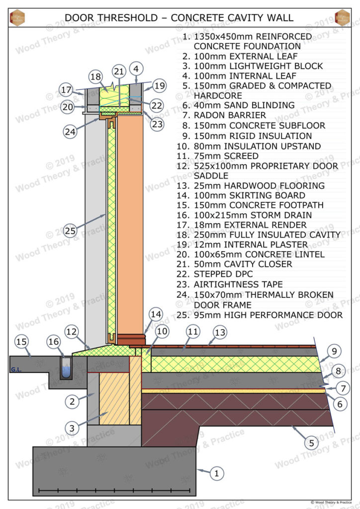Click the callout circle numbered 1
pyautogui.click(x=216, y=474)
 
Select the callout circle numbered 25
pyautogui.click(x=70, y=231)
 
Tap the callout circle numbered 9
pyautogui.click(x=334, y=351)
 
